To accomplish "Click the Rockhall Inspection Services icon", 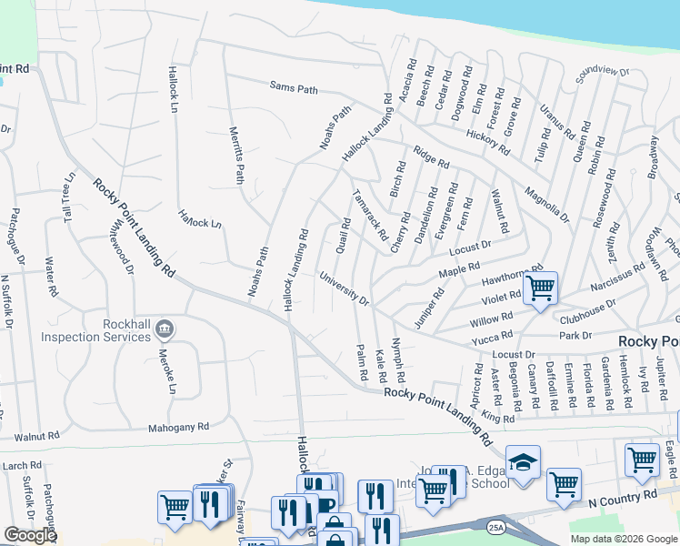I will [x=165, y=328].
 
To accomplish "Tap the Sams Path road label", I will [x=294, y=87].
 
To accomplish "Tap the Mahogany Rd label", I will [x=179, y=426].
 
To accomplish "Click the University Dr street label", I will [x=344, y=288].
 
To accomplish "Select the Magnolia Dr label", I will [x=546, y=205].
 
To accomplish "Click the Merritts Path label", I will [x=236, y=155].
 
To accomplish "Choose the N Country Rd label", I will [x=622, y=500].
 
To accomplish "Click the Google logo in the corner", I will [x=30, y=535].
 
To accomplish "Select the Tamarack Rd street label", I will [x=371, y=213].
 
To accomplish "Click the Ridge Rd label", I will [x=431, y=157].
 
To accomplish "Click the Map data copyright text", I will [x=624, y=539].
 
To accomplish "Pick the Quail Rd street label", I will [x=344, y=236].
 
